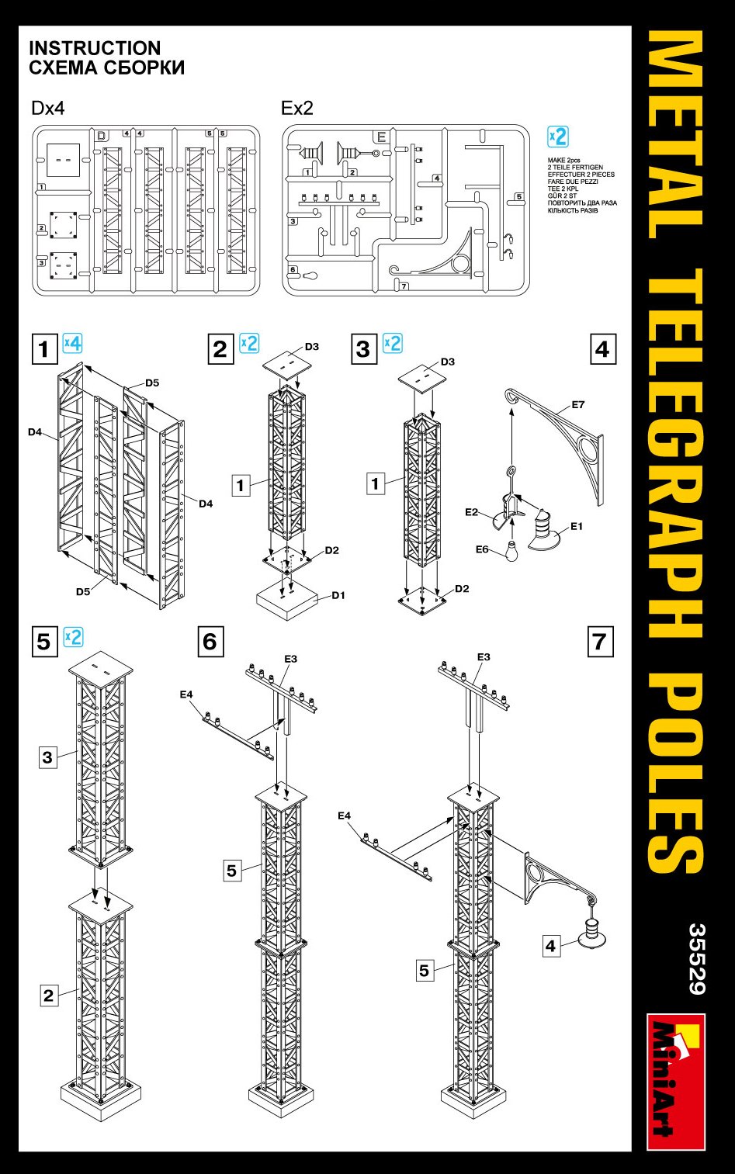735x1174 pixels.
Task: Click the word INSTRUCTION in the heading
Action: (95, 48)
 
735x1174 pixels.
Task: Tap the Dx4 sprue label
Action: (47, 108)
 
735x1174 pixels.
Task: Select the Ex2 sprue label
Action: (296, 108)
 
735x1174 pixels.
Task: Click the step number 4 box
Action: (603, 349)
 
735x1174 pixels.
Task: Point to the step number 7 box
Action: (600, 642)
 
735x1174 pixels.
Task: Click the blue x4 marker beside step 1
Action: (72, 343)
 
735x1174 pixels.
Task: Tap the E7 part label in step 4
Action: (577, 404)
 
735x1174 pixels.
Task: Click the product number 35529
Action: (696, 958)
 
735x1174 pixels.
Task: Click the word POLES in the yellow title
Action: (675, 772)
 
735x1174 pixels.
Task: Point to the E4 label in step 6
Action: (186, 694)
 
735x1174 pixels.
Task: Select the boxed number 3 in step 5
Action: (48, 757)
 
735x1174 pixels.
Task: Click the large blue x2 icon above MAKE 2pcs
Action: (558, 137)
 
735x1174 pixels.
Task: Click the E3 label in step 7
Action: (484, 656)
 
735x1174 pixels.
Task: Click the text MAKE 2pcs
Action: (563, 161)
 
